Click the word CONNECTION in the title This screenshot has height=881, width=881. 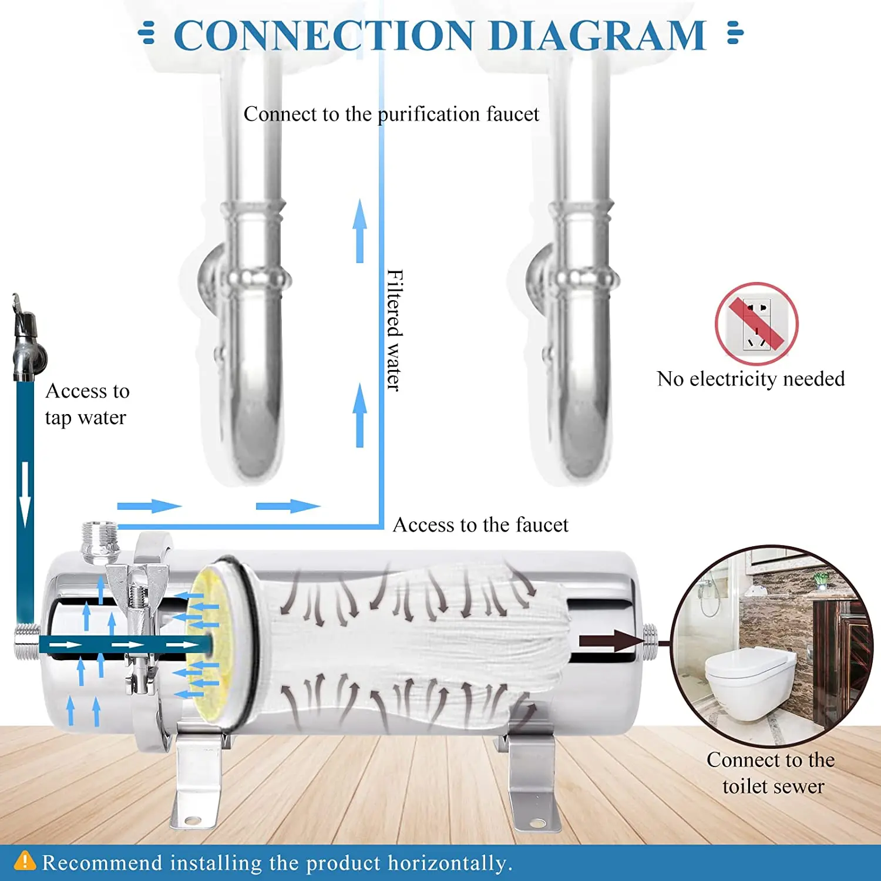click(323, 35)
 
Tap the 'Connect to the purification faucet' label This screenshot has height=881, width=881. click(391, 114)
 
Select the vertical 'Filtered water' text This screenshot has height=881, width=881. click(395, 330)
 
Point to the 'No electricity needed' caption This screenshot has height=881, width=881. click(751, 379)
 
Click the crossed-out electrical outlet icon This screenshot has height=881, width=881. click(756, 324)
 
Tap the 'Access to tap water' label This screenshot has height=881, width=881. click(86, 404)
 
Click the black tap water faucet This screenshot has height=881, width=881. click(26, 341)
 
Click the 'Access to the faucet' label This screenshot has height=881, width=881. click(480, 524)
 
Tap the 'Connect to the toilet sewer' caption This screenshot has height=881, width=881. click(771, 773)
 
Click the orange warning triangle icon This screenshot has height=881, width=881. click(25, 861)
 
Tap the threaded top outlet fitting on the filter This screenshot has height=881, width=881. click(100, 540)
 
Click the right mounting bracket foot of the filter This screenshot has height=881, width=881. click(532, 787)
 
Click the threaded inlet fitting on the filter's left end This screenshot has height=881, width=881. click(26, 642)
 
